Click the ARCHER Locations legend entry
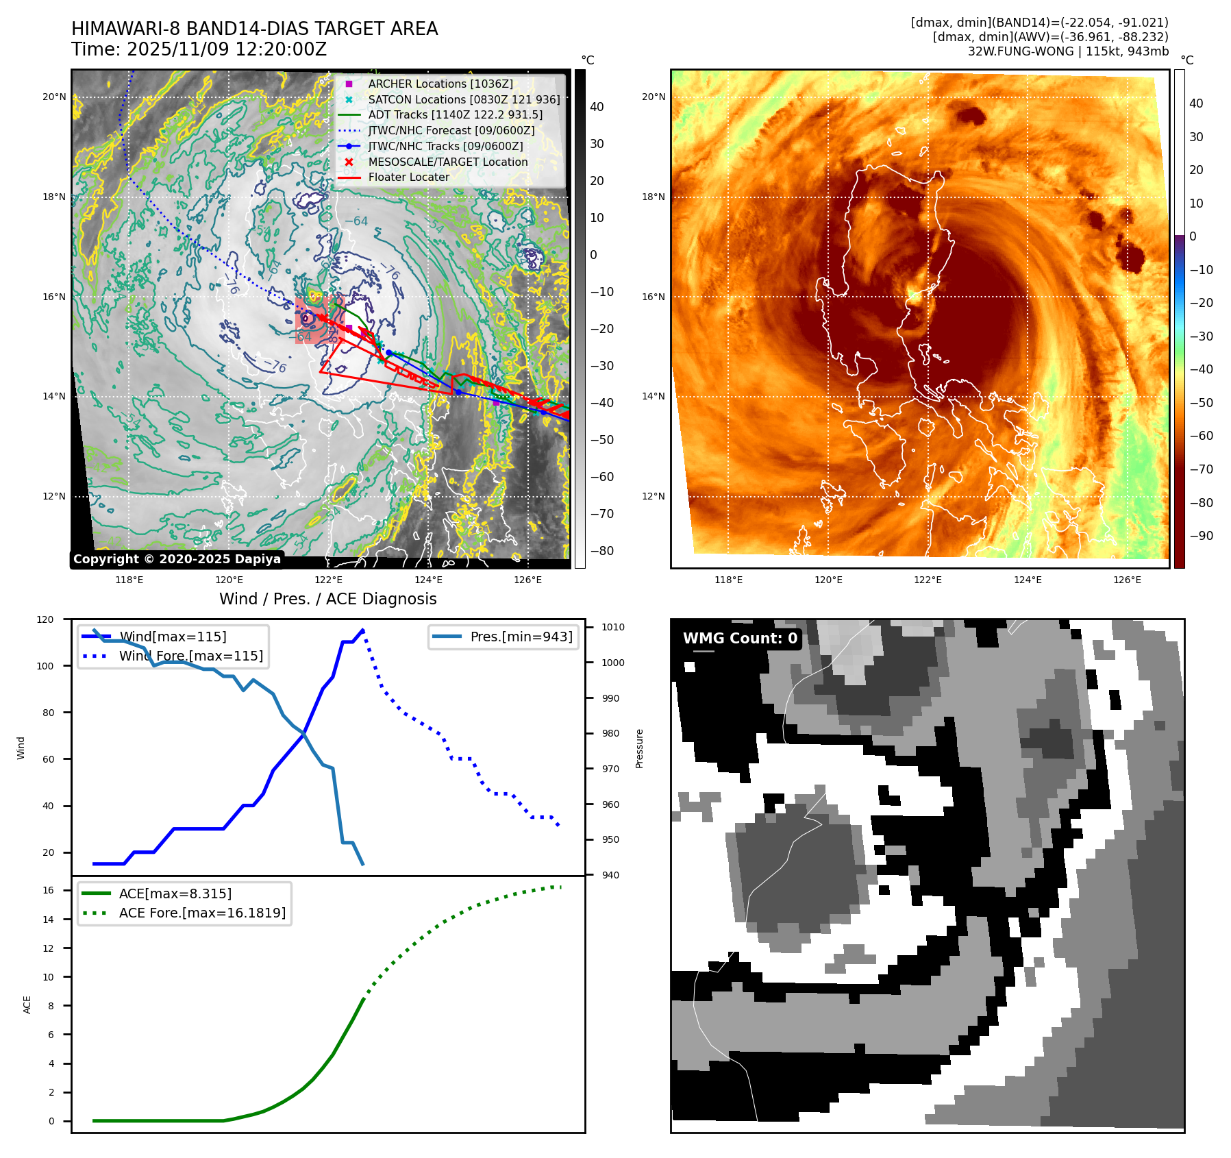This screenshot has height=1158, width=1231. click(x=440, y=84)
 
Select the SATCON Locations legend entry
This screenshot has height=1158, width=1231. click(x=464, y=99)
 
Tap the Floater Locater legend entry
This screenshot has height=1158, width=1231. click(x=408, y=177)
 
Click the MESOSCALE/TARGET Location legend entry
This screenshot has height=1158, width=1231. click(x=447, y=162)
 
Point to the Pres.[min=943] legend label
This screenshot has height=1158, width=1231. click(x=521, y=637)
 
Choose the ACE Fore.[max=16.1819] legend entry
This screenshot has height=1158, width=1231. click(x=202, y=913)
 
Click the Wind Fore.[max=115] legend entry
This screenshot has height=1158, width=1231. click(x=190, y=656)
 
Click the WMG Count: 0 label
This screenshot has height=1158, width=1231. click(x=740, y=639)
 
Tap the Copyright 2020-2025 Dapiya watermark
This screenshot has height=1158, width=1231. click(x=177, y=559)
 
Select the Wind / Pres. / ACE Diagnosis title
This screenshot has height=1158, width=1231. click(x=327, y=599)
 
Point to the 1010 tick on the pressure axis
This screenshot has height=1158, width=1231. click(x=612, y=627)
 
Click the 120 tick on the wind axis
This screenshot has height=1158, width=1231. click(x=45, y=619)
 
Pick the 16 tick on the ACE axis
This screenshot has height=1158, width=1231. click(x=48, y=890)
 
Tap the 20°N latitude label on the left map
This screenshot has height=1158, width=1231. click(x=54, y=97)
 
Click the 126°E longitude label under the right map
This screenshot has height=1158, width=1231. click(x=1127, y=580)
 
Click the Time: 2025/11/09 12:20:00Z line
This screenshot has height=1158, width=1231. click(x=199, y=49)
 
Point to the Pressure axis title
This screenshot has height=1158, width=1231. click(x=639, y=748)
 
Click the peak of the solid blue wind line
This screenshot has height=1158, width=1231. click(x=362, y=630)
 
